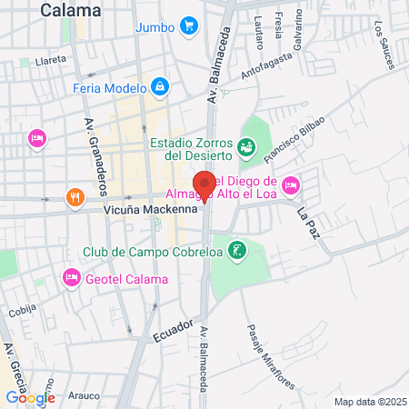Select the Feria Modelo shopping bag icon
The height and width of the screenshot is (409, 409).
point(160,86)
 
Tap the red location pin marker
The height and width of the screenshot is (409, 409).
point(204,185)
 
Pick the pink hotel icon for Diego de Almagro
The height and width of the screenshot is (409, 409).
point(291,185)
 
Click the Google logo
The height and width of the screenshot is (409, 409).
point(30,397)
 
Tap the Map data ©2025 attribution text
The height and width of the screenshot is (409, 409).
point(368,402)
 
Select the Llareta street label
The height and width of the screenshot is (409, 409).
point(49,59)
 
